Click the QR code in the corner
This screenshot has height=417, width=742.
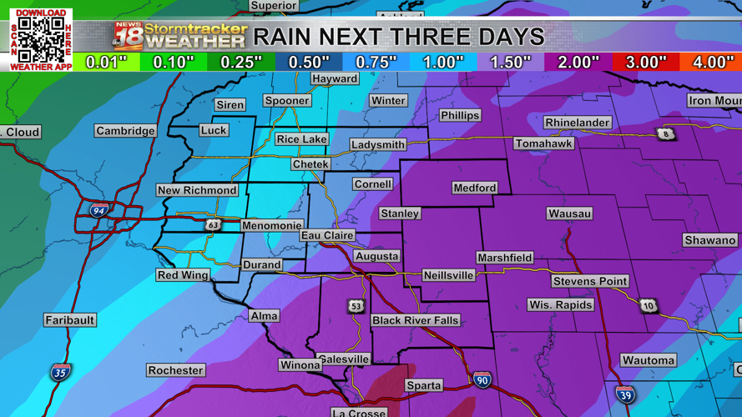41,39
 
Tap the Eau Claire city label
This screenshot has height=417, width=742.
327,236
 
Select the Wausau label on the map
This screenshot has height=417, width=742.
569,214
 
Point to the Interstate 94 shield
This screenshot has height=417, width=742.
98,210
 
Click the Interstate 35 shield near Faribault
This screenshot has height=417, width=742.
60,371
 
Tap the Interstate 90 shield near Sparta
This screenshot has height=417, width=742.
482,380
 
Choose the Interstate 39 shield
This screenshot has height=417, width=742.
625,394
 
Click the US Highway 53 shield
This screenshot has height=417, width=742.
356,306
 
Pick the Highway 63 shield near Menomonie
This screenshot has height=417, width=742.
213,225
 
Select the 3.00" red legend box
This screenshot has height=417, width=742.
645,63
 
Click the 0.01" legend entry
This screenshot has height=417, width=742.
106,63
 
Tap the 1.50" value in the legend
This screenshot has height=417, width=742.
510,63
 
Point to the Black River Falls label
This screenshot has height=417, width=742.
415,320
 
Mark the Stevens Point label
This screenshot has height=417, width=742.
589,281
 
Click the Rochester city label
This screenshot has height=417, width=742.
175,369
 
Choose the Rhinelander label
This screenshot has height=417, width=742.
577,123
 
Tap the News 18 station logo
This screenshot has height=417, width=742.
129,35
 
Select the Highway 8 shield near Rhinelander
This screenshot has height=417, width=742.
665,134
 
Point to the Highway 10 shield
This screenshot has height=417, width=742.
649,306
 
